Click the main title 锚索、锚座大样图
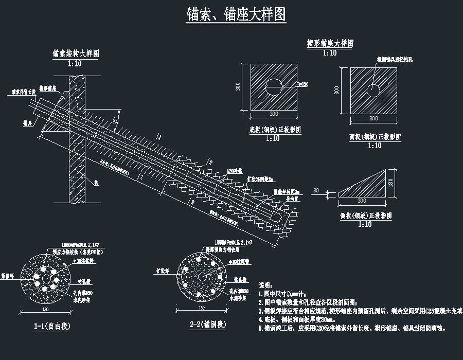pos(236,14)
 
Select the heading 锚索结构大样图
pos(76,53)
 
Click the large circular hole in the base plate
pos(274,86)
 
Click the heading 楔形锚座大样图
pos(330,44)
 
